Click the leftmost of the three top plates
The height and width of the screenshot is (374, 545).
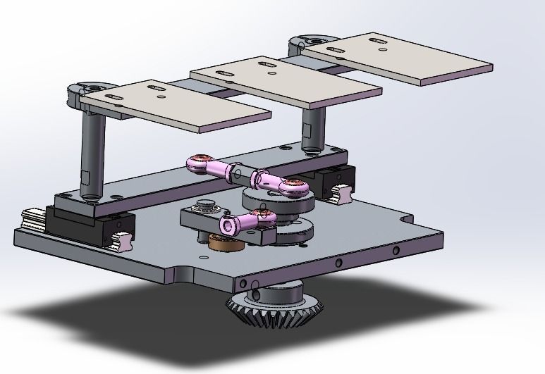176,106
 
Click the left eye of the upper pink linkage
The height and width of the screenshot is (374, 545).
198,163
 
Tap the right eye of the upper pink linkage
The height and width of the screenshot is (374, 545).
295,187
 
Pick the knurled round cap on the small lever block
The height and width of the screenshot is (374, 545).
207,206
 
